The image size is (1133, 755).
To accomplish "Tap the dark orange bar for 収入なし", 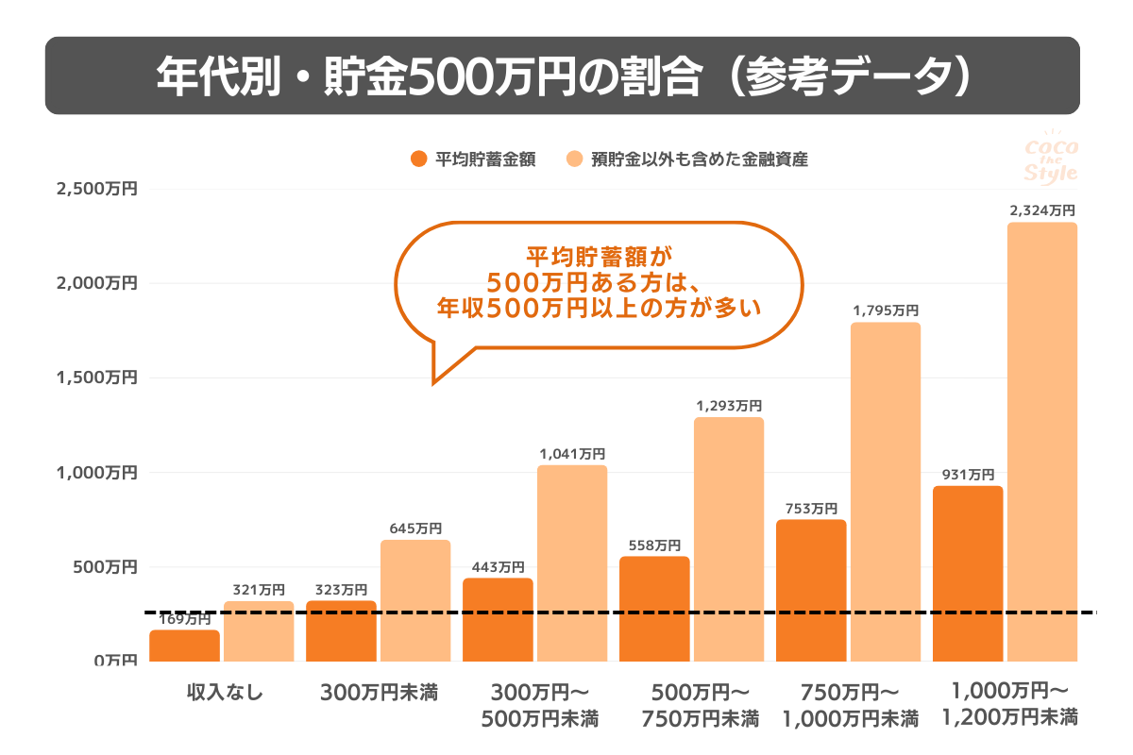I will pos(185,646).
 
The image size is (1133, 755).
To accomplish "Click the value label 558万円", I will pos(653,545).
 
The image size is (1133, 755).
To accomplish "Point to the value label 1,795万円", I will pos(885,310).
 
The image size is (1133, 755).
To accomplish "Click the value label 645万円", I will pos(415,528).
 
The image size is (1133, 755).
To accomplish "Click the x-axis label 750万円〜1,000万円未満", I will pos(850,705).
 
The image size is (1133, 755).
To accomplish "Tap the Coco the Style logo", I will pos(1050,159).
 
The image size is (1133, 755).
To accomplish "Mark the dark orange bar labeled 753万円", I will pos(811,591).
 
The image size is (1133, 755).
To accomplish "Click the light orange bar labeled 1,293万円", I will pos(728,539).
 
